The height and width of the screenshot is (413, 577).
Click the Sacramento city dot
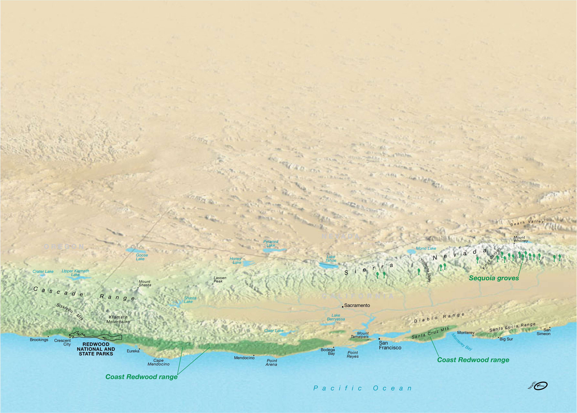tap(343, 307)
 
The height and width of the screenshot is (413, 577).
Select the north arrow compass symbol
tap(540, 386)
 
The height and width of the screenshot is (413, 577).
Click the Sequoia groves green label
tap(494, 278)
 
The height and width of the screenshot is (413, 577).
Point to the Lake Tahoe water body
tap(328, 266)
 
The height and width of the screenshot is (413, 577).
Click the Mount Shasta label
tap(145, 283)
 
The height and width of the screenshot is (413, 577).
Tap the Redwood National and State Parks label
tap(96, 349)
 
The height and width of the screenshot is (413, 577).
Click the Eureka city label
tap(133, 351)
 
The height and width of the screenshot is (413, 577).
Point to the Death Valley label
tap(527, 223)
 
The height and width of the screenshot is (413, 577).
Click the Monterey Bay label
tap(462, 342)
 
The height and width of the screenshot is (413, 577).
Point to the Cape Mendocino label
tap(158, 362)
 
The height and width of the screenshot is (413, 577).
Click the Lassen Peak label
tap(220, 279)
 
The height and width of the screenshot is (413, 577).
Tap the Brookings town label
tap(39, 340)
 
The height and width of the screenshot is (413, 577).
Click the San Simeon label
tap(543, 332)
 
